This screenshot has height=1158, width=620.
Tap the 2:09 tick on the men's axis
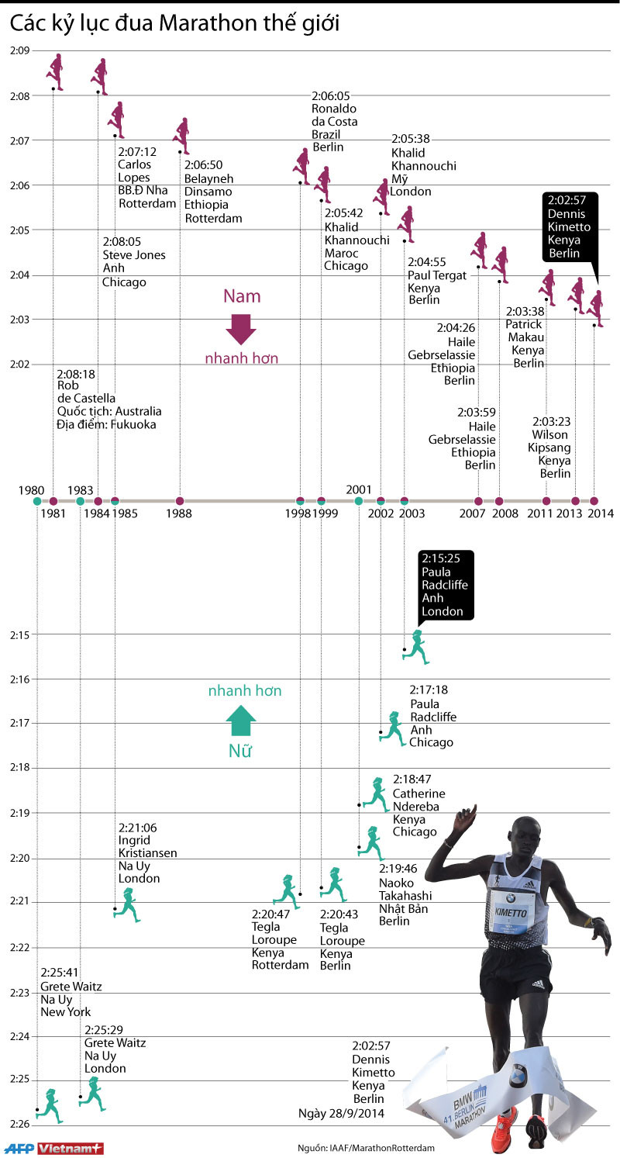pos(19,51)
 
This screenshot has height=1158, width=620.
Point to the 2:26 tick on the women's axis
pos(19,1124)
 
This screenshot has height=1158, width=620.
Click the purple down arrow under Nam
pos(241,329)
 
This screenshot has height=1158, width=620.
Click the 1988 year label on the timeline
pos(180,513)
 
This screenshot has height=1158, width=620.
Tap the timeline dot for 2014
pos(594,501)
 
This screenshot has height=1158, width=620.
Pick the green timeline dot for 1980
pos(37,501)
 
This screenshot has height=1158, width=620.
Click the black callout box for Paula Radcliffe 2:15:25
pos(445,585)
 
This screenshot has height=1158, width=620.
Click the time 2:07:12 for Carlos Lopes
pos(137,151)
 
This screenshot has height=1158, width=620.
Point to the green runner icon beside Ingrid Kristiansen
pos(127,905)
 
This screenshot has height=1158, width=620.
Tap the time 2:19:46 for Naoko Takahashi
pos(398,869)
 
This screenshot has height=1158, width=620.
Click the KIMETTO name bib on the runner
pos(511,912)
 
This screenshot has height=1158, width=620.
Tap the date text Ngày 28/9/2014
pos(341,1113)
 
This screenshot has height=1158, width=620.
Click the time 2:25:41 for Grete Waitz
pos(60,973)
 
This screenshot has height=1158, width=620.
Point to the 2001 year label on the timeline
pos(359,489)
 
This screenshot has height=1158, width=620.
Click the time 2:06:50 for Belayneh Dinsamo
pos(203,164)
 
